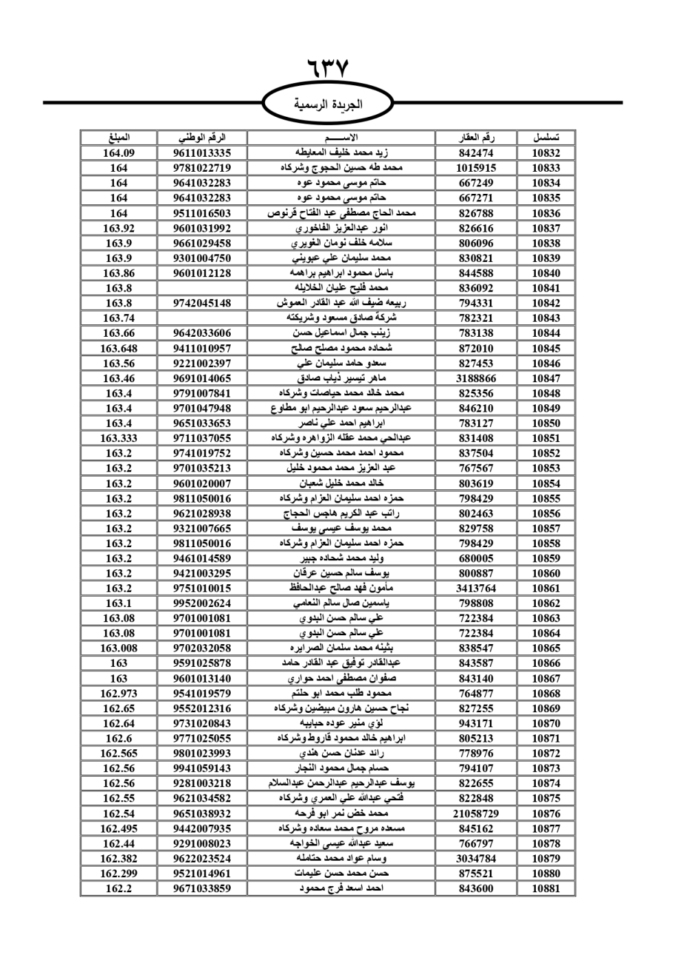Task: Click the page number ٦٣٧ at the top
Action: (x=328, y=68)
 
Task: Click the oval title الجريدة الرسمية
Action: (x=328, y=104)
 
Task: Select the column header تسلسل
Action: (x=545, y=137)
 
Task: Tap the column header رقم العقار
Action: (x=476, y=137)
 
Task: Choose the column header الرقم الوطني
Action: (x=202, y=137)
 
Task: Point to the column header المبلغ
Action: (x=119, y=137)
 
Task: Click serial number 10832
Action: (x=545, y=153)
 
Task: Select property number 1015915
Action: (x=476, y=168)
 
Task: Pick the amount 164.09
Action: (x=119, y=153)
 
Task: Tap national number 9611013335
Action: (x=202, y=153)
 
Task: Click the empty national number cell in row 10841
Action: (x=202, y=288)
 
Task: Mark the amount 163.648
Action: (x=119, y=349)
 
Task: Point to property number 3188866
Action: (x=476, y=378)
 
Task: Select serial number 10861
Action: (x=545, y=588)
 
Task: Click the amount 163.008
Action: (x=119, y=648)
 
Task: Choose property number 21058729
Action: (x=476, y=813)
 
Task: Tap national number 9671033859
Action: (x=202, y=888)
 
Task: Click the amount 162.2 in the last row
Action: (x=119, y=888)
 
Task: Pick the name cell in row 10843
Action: (x=341, y=318)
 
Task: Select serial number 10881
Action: (x=545, y=888)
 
